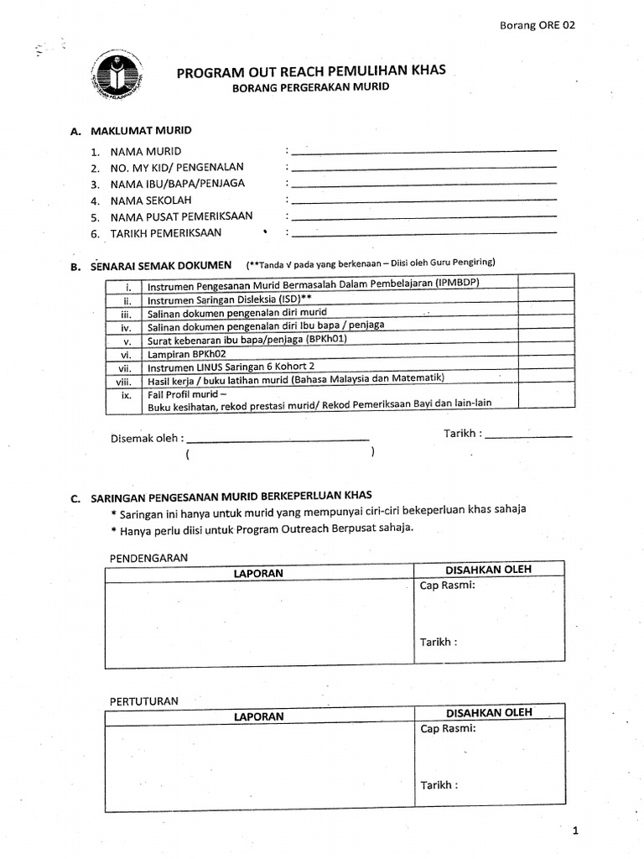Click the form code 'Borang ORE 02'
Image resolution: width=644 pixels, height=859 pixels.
(537, 25)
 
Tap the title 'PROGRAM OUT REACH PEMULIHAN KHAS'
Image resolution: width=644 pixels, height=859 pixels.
(311, 72)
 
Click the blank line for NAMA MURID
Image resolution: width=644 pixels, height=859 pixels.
(423, 151)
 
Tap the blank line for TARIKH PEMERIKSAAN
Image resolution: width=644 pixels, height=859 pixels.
(423, 232)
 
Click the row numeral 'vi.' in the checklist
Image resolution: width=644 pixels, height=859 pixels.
(126, 354)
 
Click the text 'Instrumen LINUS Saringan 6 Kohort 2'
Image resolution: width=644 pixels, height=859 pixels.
(231, 367)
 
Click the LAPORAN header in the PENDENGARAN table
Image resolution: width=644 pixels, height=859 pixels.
(259, 573)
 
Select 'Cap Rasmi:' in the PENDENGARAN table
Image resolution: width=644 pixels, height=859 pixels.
(447, 586)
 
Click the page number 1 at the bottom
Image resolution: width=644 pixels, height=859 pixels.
(576, 831)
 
